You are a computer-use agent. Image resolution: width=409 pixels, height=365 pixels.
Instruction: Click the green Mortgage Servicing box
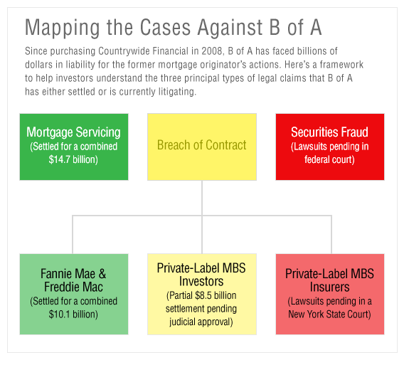pyautogui.click(x=74, y=147)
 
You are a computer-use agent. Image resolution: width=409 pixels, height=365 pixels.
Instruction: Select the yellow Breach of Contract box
pyautogui.click(x=202, y=147)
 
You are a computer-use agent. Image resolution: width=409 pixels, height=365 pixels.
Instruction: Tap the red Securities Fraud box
pyautogui.click(x=330, y=147)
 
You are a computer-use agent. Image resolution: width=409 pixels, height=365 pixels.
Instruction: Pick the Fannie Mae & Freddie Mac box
pyautogui.click(x=74, y=294)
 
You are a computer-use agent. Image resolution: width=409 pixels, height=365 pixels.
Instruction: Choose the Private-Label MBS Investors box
pyautogui.click(x=202, y=294)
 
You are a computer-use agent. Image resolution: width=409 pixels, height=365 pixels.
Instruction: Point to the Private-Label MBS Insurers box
pyautogui.click(x=330, y=294)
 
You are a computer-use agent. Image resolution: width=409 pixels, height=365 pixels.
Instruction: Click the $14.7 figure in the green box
pyautogui.click(x=60, y=159)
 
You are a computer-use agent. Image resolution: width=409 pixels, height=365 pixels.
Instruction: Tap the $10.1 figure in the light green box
pyautogui.click(x=60, y=314)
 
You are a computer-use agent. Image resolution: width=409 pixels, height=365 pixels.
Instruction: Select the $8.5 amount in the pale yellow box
pyautogui.click(x=203, y=295)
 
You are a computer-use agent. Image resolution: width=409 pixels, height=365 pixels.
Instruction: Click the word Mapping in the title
pyautogui.click(x=63, y=28)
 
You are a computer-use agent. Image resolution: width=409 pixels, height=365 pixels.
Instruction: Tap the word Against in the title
pyautogui.click(x=230, y=28)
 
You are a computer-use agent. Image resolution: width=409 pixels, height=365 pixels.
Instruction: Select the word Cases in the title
pyautogui.click(x=165, y=27)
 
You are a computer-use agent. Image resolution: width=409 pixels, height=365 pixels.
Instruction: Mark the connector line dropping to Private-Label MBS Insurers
pyautogui.click(x=331, y=235)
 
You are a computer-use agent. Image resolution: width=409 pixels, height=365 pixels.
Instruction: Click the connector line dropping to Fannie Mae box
pyautogui.click(x=73, y=235)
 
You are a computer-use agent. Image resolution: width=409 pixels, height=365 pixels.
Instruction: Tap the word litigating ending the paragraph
pyautogui.click(x=177, y=92)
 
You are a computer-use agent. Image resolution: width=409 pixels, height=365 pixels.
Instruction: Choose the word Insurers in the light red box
pyautogui.click(x=330, y=287)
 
